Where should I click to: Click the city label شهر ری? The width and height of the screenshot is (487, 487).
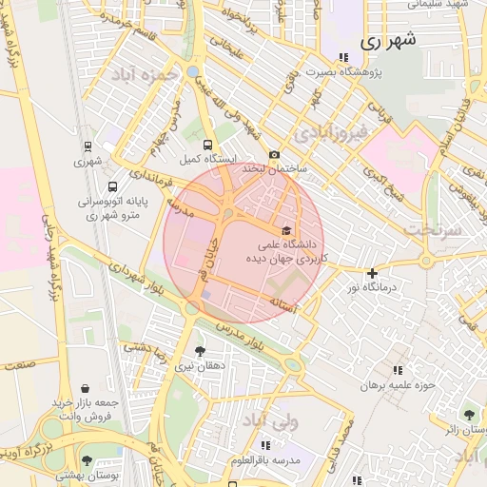pyautogui.click(x=390, y=41)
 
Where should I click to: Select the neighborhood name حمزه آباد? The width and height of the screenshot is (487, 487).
pyautogui.click(x=145, y=73)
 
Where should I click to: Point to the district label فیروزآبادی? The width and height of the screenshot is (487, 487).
pyautogui.click(x=328, y=132)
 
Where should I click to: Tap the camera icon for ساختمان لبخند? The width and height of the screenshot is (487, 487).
pyautogui.click(x=275, y=154)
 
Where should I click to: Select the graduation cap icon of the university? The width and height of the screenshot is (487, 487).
pyautogui.click(x=285, y=230)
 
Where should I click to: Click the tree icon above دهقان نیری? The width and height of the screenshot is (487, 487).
pyautogui.click(x=199, y=351)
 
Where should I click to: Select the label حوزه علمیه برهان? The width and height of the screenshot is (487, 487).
pyautogui.click(x=398, y=385)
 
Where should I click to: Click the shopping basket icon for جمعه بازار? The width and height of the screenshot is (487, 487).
pyautogui.click(x=87, y=388)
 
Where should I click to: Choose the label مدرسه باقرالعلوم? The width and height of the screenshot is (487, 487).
pyautogui.click(x=273, y=460)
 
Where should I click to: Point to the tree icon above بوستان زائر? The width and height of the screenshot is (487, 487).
pyautogui.click(x=468, y=415)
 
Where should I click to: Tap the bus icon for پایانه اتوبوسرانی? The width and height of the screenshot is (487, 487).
pyautogui.click(x=113, y=187)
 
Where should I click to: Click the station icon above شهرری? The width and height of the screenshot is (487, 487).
pyautogui.click(x=88, y=147)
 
